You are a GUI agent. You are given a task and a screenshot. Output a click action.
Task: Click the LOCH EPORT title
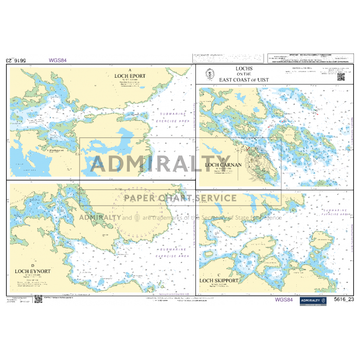tap(130, 76)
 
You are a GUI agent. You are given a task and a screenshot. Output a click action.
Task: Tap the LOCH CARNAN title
tap(223, 165)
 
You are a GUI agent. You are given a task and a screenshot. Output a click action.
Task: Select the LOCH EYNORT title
tap(29, 271)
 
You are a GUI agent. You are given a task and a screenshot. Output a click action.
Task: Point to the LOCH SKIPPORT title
tap(219, 281)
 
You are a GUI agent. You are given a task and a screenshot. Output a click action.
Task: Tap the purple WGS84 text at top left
tap(58, 60)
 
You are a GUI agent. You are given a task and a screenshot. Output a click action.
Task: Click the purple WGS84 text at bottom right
tap(284, 299)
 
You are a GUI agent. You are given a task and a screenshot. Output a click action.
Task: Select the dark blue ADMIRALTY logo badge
tap(313, 300)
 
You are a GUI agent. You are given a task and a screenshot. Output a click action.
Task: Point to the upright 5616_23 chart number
tap(344, 299)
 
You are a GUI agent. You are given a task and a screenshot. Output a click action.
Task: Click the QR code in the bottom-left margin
tap(38, 299)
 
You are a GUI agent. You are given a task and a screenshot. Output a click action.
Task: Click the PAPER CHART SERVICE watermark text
tap(179, 198)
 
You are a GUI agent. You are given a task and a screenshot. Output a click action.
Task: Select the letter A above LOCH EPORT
tap(130, 70)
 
